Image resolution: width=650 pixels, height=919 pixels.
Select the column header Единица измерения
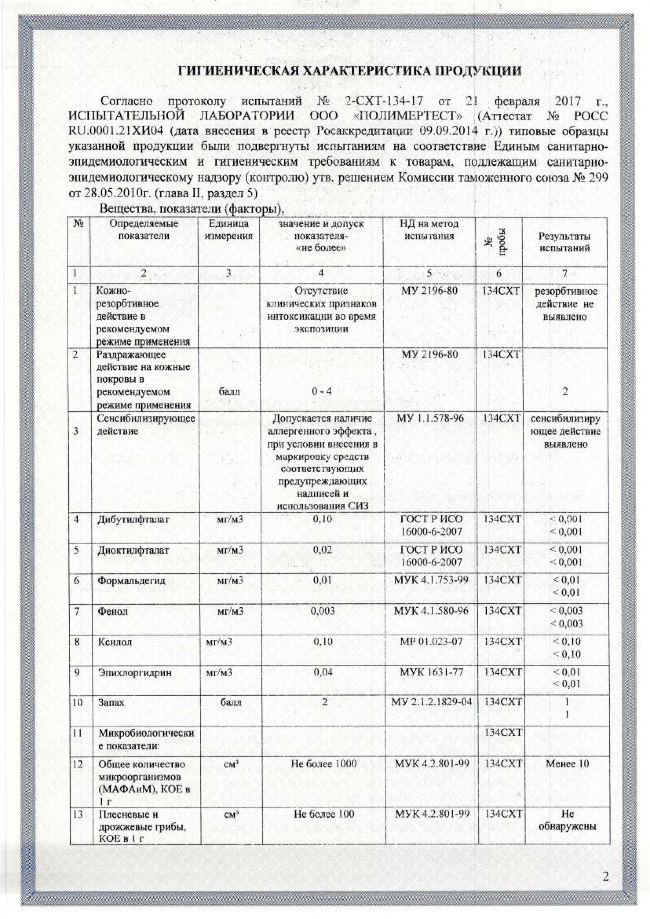click(228, 229)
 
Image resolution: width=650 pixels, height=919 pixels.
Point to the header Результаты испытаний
click(564, 242)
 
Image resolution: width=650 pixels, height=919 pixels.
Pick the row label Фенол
click(113, 611)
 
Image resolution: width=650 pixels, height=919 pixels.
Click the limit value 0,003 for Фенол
click(323, 611)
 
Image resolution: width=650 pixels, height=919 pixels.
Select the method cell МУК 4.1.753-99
click(431, 580)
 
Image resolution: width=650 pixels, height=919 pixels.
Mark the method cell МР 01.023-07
click(431, 641)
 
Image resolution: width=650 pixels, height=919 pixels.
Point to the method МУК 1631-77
click(431, 672)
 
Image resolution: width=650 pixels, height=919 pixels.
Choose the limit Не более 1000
click(323, 763)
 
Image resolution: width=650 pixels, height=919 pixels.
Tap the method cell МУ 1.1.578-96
click(430, 418)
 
